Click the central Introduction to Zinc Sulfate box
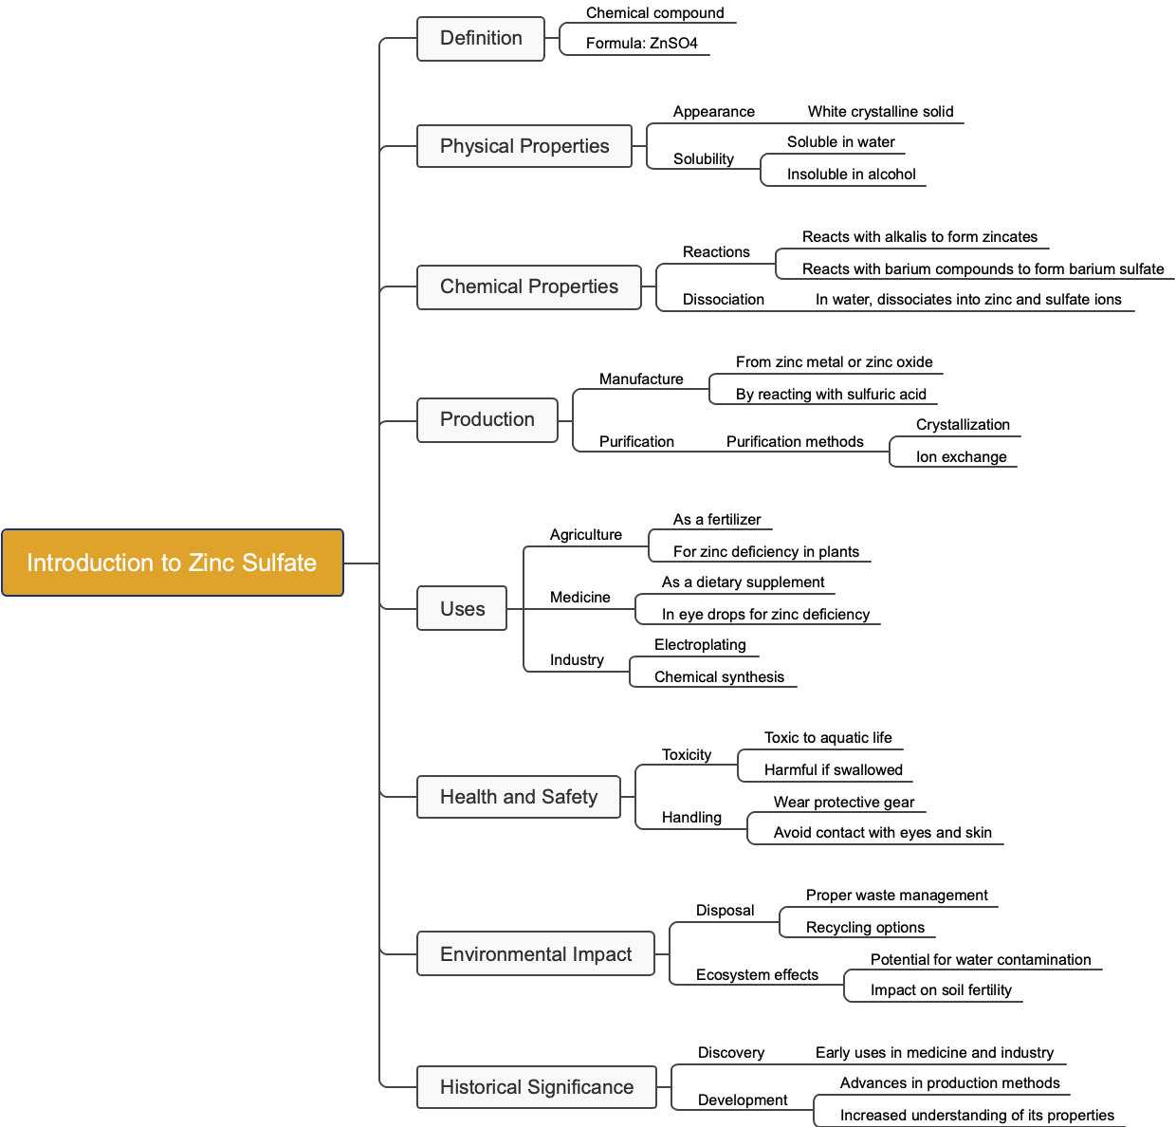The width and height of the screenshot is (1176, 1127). pyautogui.click(x=172, y=563)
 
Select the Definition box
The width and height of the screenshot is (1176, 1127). pyautogui.click(x=481, y=39)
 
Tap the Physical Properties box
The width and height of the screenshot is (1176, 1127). pyautogui.click(x=524, y=146)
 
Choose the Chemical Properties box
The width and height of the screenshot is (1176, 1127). pyautogui.click(x=529, y=286)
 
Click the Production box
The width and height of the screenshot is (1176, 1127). pyautogui.click(x=487, y=419)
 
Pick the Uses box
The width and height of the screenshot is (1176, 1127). pyautogui.click(x=462, y=609)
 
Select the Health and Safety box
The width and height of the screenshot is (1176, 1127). pyautogui.click(x=519, y=797)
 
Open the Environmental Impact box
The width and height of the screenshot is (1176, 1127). pyautogui.click(x=536, y=954)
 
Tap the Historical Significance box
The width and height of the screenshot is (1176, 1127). pyautogui.click(x=537, y=1087)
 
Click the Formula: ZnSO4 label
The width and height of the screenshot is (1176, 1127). pyautogui.click(x=641, y=44)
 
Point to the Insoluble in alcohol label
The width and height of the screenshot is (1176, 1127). pyautogui.click(x=851, y=175)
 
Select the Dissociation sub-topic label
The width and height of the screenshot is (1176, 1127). pyautogui.click(x=723, y=300)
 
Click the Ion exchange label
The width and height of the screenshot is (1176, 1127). pyautogui.click(x=961, y=457)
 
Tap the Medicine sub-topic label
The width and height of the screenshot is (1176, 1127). pyautogui.click(x=579, y=598)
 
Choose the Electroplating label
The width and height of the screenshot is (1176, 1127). pyautogui.click(x=700, y=645)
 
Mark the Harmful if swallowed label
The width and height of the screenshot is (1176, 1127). pyautogui.click(x=833, y=770)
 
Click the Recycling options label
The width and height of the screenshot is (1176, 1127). pyautogui.click(x=865, y=928)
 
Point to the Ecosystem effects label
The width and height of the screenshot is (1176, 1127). pyautogui.click(x=757, y=975)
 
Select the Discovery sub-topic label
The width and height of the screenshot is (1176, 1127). pyautogui.click(x=730, y=1053)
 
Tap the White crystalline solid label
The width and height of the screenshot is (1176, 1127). pyautogui.click(x=880, y=112)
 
